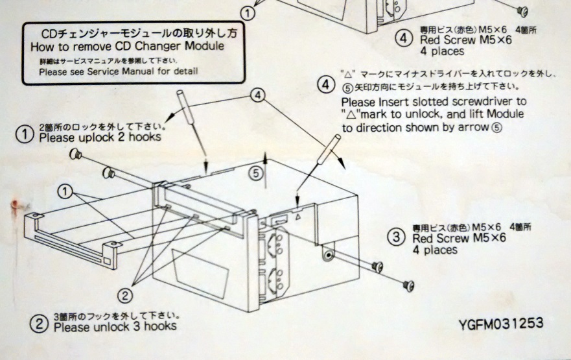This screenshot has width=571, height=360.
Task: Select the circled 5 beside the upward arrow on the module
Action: [x=257, y=173]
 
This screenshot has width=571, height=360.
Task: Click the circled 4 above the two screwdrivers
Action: [x=258, y=96]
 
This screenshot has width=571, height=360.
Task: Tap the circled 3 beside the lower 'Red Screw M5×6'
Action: [x=397, y=237]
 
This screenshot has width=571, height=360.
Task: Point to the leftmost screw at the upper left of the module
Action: [x=75, y=154]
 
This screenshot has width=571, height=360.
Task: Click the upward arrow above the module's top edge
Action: [x=265, y=160]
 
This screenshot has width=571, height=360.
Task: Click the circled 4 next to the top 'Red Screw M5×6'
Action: [x=403, y=39]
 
